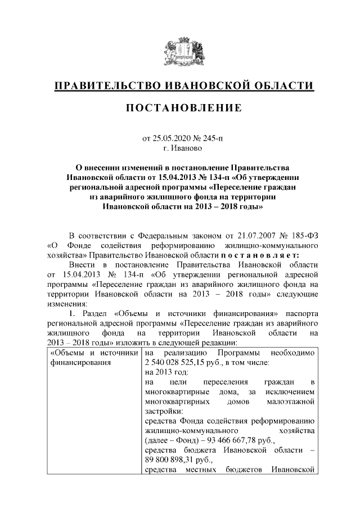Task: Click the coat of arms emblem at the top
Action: point(180,52)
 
